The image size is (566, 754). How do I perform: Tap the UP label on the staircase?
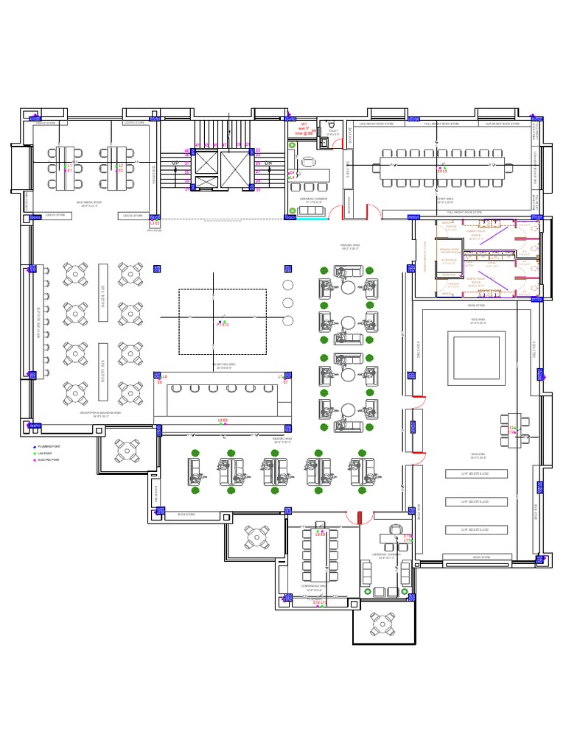pos(175,163)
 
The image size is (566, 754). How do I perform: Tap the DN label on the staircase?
pos(268,163)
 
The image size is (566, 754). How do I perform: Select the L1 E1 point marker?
pos(69,168)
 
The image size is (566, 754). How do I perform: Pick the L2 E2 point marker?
pos(120,168)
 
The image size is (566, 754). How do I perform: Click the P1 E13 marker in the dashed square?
pos(223,323)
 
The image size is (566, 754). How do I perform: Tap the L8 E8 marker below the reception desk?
pos(223,420)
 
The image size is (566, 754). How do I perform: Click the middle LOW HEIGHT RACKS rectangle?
pos(475,501)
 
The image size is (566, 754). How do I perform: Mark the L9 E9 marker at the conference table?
pos(320,533)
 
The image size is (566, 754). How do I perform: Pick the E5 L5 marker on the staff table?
pos(442,170)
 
